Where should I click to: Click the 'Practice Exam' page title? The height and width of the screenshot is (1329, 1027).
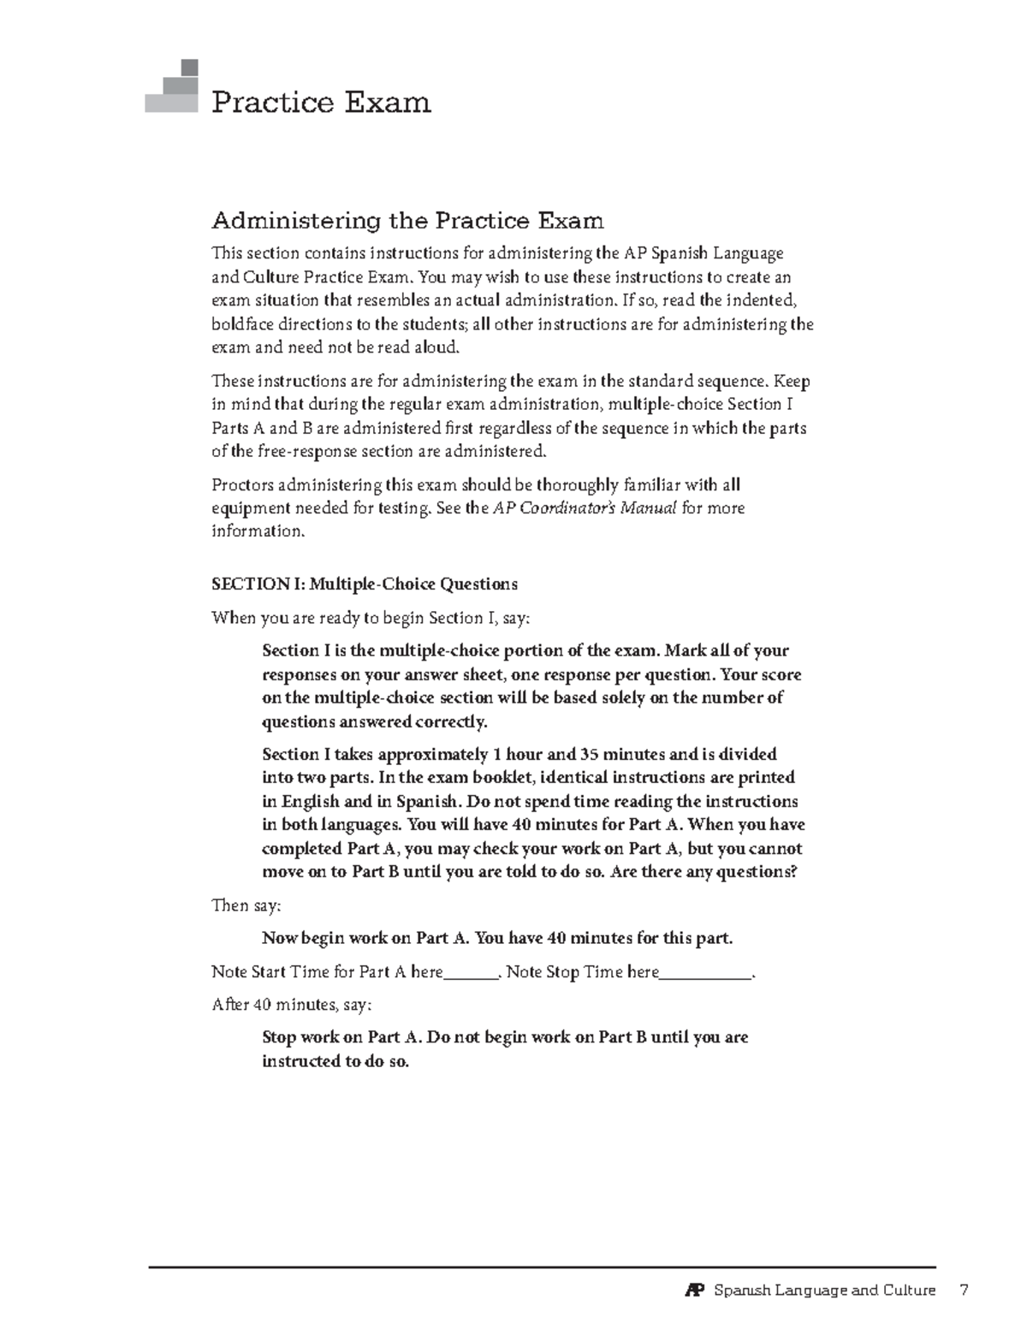tap(321, 103)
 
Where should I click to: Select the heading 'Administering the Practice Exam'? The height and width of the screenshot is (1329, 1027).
tap(407, 221)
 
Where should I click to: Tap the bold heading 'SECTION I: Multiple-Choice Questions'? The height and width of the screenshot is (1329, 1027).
tap(365, 584)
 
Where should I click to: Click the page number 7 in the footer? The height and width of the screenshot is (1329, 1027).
tap(964, 1290)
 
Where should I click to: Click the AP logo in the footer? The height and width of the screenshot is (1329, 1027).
tap(694, 1290)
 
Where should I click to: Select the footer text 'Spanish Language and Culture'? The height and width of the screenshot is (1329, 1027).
tap(824, 1290)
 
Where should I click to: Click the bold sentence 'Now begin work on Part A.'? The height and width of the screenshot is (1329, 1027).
tap(365, 938)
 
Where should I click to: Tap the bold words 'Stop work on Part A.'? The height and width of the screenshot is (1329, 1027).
tap(342, 1038)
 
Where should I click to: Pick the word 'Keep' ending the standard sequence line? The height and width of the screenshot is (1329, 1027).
tap(792, 381)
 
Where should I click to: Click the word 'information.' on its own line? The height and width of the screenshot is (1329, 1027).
tap(258, 531)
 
